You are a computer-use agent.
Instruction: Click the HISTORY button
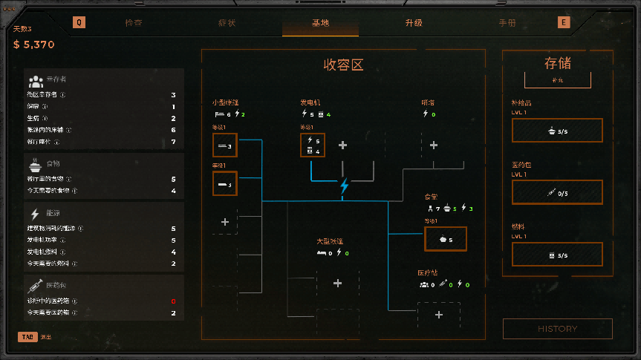coord(557,329)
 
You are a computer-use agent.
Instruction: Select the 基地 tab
coord(320,23)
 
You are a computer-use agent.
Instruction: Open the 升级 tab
coord(414,23)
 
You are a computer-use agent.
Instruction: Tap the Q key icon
coord(79,22)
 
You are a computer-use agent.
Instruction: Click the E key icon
coord(564,22)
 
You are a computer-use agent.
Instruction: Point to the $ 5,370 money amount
coord(34,45)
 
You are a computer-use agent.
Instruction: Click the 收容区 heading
coord(343,65)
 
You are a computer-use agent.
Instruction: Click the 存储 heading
coord(557,64)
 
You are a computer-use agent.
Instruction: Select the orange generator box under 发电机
coord(313,145)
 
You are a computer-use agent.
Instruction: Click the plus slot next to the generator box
coord(342,145)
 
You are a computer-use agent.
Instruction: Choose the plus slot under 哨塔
coord(434,145)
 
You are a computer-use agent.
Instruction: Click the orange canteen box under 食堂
coord(446,239)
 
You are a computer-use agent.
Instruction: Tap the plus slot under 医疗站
coord(438,315)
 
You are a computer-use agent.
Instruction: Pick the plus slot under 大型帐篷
coord(337,283)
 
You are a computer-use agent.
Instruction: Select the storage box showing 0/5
coord(557,193)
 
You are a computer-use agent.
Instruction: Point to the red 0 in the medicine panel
coord(173,301)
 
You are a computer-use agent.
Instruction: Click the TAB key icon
coord(27,337)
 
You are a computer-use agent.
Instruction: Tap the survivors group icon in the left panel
coord(35,81)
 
